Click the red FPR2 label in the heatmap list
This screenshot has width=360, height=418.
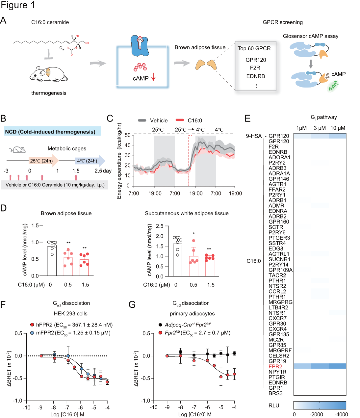(275, 366)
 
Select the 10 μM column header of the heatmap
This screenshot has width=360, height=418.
(337, 128)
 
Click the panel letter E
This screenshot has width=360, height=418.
(248, 119)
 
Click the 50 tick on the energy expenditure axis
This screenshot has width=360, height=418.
(128, 135)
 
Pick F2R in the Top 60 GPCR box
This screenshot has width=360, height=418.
(255, 68)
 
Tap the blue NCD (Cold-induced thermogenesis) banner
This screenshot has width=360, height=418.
(52, 132)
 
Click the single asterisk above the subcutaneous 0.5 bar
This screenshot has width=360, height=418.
(193, 234)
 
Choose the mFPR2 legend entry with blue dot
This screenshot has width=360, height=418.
(70, 333)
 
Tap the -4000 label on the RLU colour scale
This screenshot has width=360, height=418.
(341, 414)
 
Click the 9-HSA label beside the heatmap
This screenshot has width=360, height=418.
(254, 136)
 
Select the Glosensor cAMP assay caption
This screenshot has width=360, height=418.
(310, 36)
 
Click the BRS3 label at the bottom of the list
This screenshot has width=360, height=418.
(275, 393)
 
